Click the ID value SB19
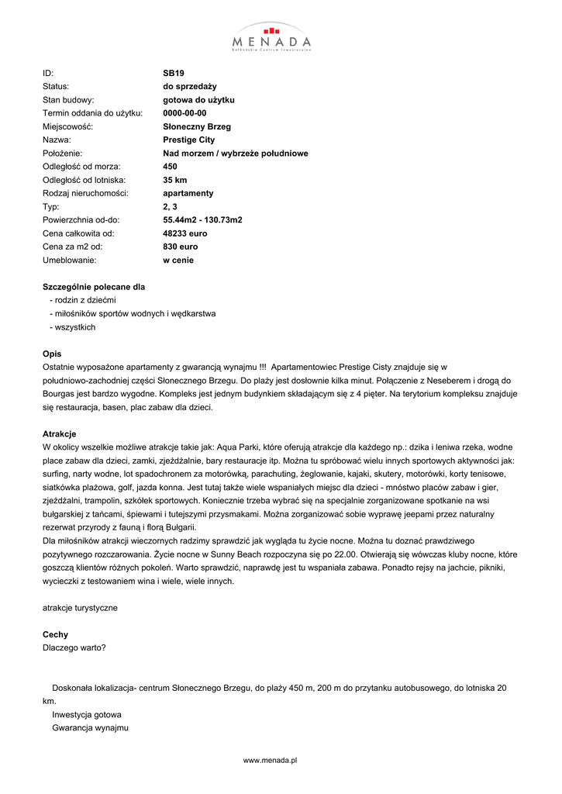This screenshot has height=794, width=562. (174, 73)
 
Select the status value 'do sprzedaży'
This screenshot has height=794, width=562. (190, 86)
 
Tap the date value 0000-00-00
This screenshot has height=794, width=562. (184, 113)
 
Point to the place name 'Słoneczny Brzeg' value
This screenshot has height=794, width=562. (197, 126)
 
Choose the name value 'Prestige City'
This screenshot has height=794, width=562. (189, 140)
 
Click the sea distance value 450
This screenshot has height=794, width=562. (171, 167)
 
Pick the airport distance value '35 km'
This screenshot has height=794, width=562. (175, 180)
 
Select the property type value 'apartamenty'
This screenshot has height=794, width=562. (188, 193)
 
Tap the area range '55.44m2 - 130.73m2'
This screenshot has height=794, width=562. (202, 220)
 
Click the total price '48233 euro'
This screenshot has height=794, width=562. (185, 233)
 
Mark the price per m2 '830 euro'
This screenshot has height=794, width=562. (181, 247)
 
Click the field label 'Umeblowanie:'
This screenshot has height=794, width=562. (69, 260)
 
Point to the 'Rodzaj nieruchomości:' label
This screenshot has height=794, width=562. (85, 193)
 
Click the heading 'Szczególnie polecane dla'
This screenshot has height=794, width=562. (94, 287)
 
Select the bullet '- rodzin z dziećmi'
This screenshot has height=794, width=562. (82, 300)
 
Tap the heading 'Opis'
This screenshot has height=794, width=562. (52, 354)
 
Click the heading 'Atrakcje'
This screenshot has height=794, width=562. (59, 433)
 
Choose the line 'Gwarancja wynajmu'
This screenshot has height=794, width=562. (90, 728)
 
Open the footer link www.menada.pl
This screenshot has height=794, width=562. (271, 761)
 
